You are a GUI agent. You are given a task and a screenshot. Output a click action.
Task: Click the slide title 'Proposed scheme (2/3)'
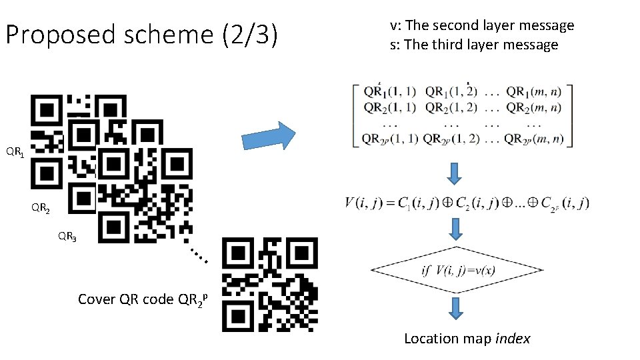tap(141, 35)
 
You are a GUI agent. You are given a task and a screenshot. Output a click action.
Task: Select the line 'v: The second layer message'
tap(481, 25)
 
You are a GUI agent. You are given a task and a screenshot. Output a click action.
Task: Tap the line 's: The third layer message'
tap(473, 45)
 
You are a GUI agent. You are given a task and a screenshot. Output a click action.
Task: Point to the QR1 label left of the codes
tap(16, 153)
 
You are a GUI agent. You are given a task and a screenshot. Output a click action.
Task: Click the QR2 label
tap(41, 208)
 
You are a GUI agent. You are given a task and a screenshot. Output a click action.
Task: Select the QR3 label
tap(67, 236)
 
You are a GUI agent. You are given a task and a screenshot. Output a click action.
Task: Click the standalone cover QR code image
tap(270, 285)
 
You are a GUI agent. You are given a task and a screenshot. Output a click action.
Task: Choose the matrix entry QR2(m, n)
tap(533, 107)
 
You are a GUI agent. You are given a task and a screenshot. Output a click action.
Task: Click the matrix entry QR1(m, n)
tap(533, 91)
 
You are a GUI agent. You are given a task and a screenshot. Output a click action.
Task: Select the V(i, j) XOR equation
tap(467, 203)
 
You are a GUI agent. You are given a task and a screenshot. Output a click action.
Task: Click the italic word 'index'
tap(513, 339)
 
